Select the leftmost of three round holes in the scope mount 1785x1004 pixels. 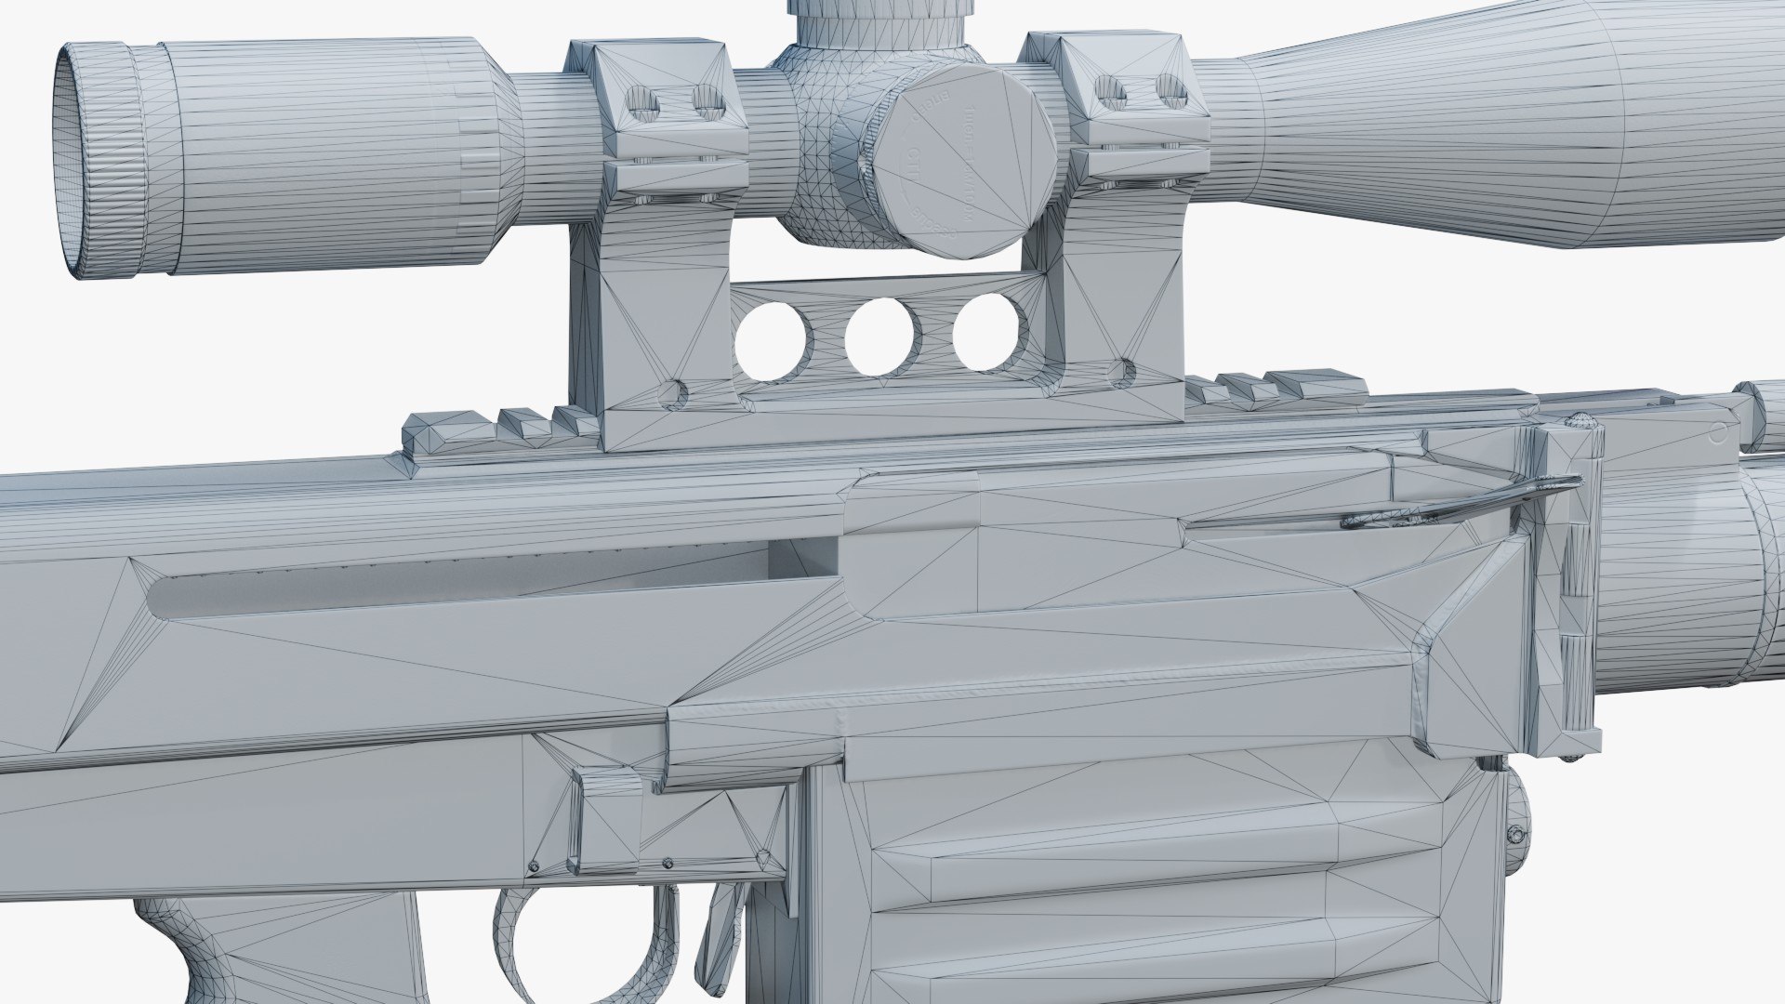pyautogui.click(x=771, y=342)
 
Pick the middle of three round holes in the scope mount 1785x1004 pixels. pyautogui.click(x=880, y=338)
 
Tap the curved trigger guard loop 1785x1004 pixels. pyautogui.click(x=521, y=948)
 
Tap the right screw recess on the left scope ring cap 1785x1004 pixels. pyautogui.click(x=707, y=99)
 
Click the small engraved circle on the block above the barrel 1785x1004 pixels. pyautogui.click(x=1717, y=431)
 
